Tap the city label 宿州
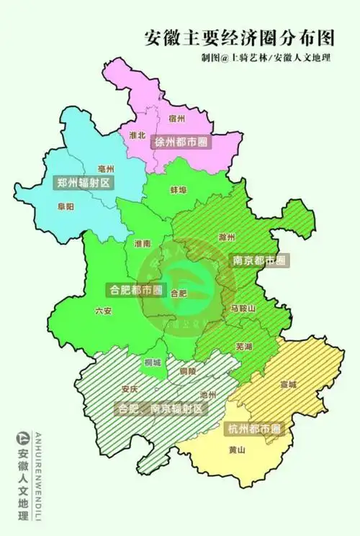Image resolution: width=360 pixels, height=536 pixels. pos(176,117)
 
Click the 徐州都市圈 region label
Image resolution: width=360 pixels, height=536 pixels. pos(181,142)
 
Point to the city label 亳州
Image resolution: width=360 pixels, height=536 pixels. pos(106,168)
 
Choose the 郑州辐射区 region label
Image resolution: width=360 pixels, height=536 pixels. pos(84,183)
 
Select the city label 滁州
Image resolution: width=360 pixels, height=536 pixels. pos(226,237)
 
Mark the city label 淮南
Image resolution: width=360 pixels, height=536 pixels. pos(143,244)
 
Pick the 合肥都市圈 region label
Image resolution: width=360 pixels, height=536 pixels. pos(134,291)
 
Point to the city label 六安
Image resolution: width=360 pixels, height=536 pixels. pos(104,312)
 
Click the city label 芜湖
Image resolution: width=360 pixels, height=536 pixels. pos(243,347)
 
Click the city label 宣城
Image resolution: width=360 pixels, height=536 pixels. pos(288,384)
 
